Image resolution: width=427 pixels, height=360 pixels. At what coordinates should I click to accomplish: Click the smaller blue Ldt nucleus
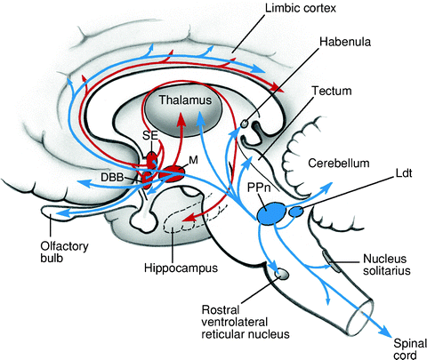(x=294, y=212)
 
